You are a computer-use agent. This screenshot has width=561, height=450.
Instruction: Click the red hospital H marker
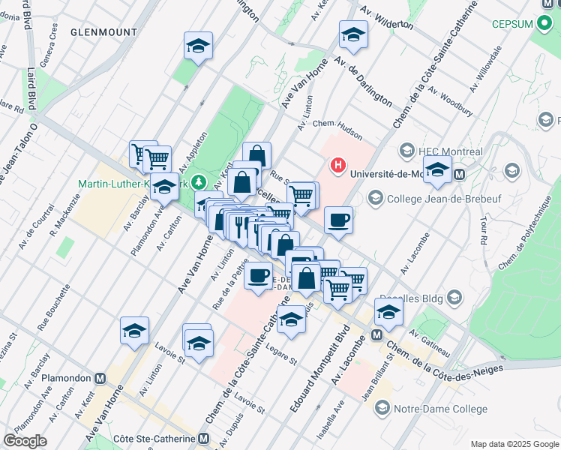click(x=338, y=165)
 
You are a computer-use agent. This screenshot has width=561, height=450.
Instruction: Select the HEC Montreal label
click(x=451, y=150)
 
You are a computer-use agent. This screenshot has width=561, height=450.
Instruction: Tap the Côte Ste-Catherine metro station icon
click(x=204, y=439)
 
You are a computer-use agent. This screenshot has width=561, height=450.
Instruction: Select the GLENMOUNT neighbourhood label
click(x=104, y=32)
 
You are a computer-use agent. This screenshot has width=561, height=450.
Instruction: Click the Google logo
click(x=25, y=440)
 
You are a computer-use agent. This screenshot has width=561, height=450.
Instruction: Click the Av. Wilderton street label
click(x=387, y=16)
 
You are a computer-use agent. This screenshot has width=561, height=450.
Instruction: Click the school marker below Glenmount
click(x=198, y=46)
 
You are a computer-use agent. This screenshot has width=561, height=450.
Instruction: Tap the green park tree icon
click(x=199, y=182)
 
